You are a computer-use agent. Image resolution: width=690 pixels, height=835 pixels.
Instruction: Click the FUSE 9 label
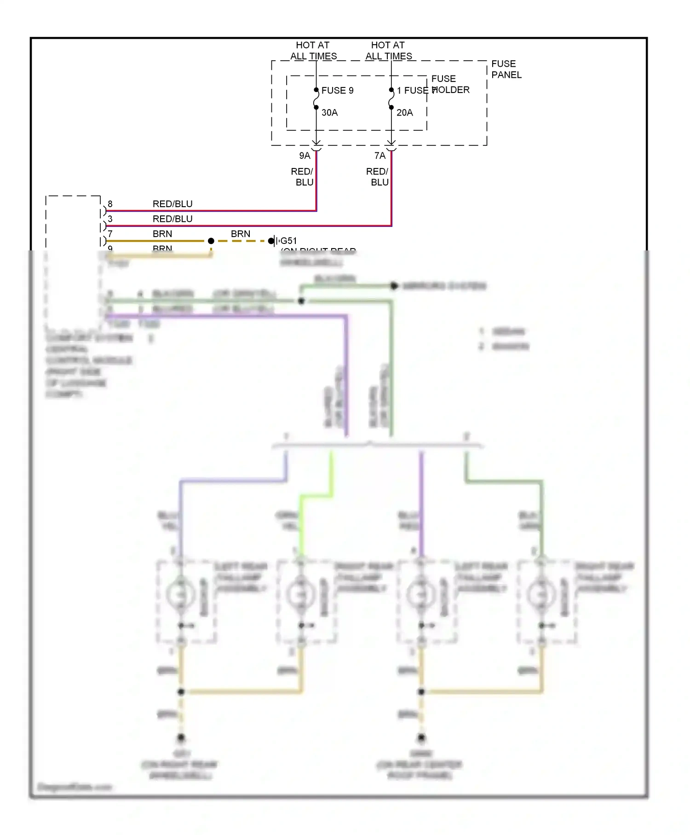337,91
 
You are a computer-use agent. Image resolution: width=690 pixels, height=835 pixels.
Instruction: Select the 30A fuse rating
329,113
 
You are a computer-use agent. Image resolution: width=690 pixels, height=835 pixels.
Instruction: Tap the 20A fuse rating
404,113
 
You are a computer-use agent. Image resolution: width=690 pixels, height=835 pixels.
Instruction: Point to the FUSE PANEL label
506,70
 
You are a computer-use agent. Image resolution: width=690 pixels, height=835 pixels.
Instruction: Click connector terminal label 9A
305,156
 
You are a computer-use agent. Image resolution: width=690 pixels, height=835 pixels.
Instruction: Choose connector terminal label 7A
379,156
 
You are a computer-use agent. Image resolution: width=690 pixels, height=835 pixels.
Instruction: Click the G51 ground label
288,241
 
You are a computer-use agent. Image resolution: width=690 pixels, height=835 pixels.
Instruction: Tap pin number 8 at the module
110,204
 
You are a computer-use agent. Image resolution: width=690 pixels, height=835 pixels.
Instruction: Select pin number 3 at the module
110,219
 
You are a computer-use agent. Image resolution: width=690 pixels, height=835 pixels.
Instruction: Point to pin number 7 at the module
110,234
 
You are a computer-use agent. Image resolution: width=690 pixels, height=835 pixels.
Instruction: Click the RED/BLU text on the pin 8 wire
172,204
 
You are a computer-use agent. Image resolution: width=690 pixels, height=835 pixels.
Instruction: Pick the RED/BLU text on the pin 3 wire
172,219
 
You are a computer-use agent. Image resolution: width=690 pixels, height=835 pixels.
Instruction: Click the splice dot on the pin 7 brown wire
211,241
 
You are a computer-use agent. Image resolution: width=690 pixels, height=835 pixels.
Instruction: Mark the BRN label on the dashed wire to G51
241,234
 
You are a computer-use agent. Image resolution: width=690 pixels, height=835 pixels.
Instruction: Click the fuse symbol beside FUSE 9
316,99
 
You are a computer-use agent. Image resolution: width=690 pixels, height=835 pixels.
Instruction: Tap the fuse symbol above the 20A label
391,99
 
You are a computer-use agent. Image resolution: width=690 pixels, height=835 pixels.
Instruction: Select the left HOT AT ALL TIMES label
313,51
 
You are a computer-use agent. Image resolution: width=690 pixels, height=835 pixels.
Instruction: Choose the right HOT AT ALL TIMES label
388,51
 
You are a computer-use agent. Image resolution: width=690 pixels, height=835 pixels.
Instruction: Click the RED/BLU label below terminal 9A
302,177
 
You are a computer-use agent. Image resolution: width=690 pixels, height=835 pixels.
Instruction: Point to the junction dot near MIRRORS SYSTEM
394,286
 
